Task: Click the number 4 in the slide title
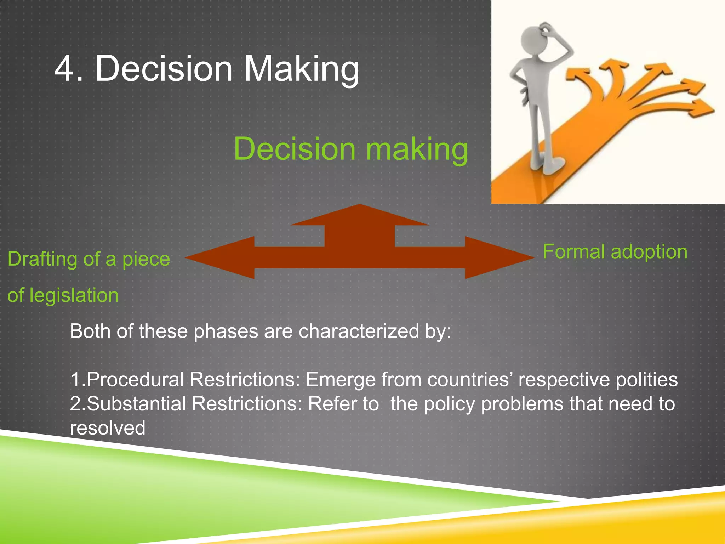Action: (68, 69)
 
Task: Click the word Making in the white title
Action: (301, 69)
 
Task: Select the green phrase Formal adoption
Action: (615, 252)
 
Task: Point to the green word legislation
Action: (74, 295)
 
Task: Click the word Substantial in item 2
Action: (137, 404)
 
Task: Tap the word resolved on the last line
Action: (108, 428)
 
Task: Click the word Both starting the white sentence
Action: (90, 331)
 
